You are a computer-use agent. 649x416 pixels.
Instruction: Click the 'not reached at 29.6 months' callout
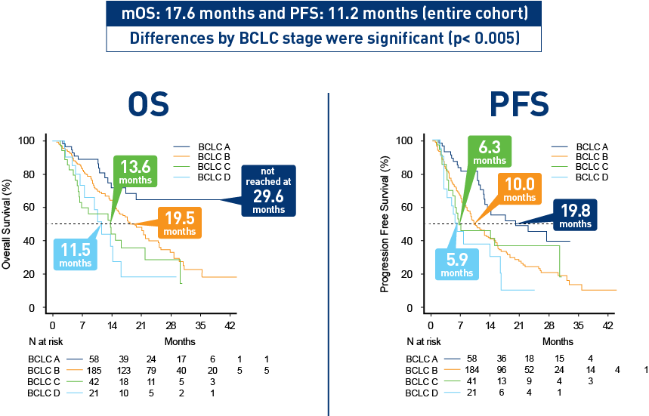click(x=268, y=191)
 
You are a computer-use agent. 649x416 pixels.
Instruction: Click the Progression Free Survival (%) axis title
click(x=385, y=223)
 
